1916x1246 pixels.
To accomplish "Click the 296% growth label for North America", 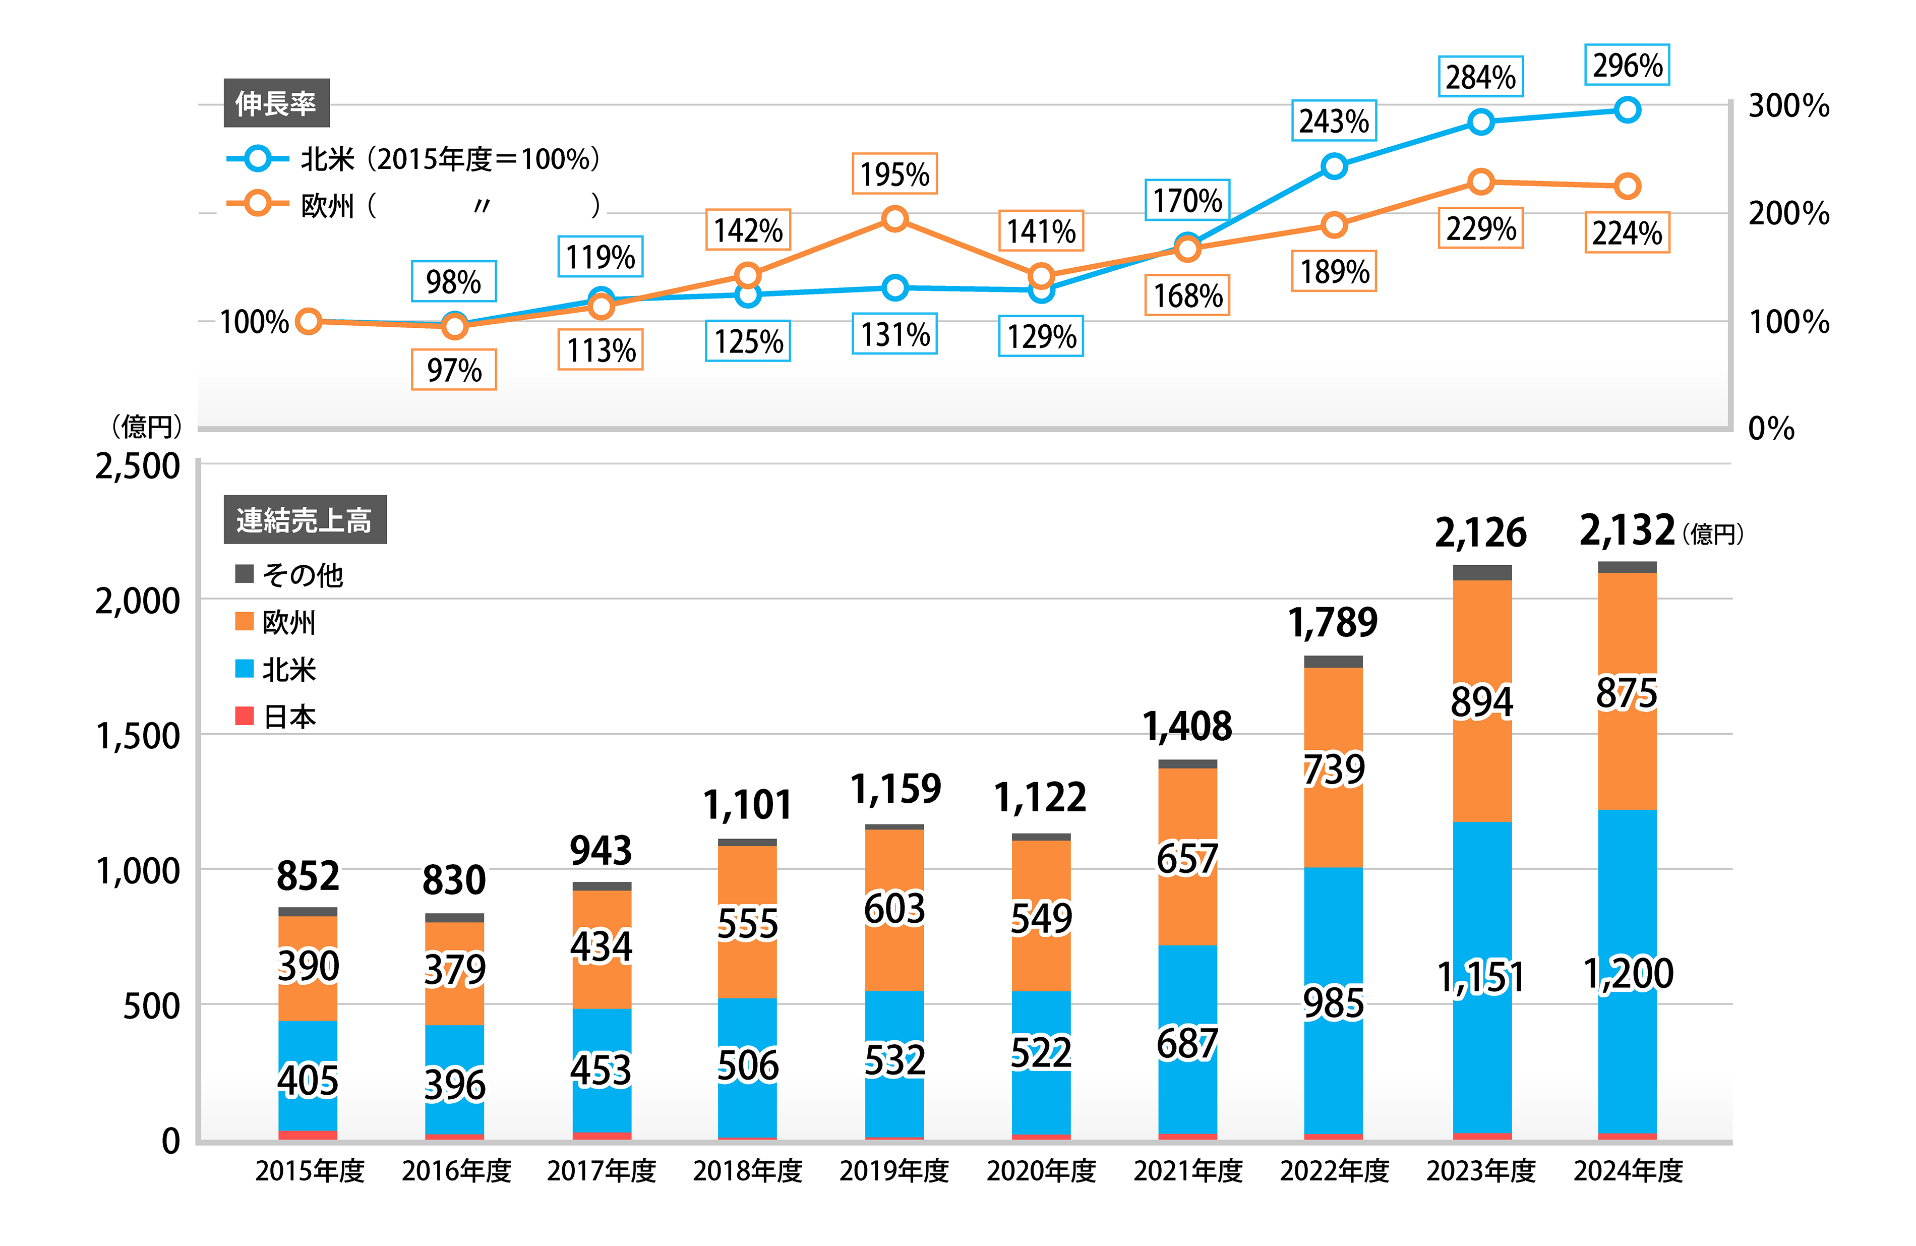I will (x=1627, y=65).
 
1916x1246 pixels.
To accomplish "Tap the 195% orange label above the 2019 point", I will (x=894, y=174).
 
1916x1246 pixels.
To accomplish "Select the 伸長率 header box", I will (x=276, y=103).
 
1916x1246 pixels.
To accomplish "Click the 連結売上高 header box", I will (x=305, y=520).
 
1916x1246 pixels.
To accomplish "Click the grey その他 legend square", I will (x=245, y=574).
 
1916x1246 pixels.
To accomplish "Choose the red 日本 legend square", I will (x=245, y=716).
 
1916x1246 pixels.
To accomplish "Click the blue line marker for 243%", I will (x=1334, y=166).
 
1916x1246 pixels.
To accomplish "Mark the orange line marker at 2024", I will (x=1627, y=187).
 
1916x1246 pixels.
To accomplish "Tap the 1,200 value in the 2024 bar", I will (x=1628, y=974).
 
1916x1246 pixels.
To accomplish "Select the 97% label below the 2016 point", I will (x=454, y=370).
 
